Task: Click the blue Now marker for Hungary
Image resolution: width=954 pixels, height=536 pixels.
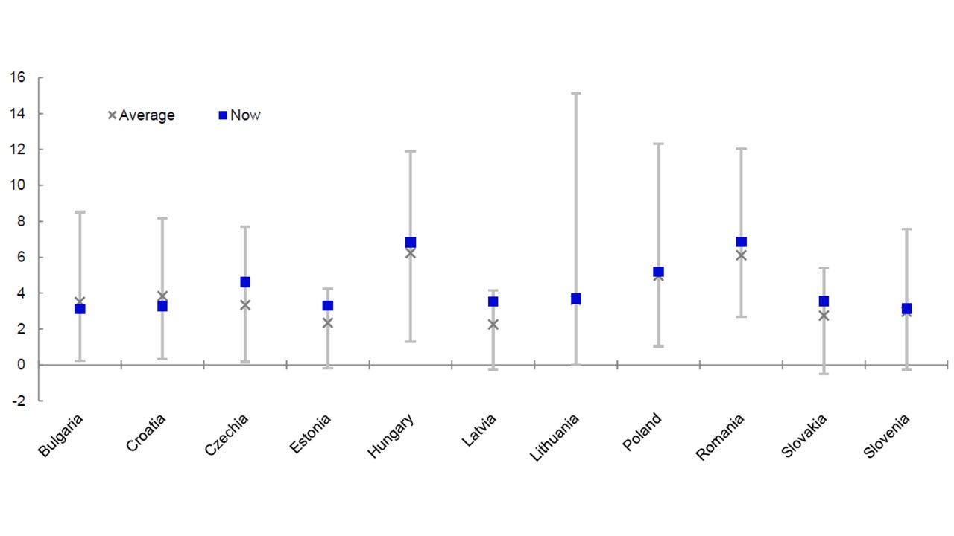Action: coord(411,243)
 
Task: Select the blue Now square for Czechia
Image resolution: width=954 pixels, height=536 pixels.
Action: coord(245,282)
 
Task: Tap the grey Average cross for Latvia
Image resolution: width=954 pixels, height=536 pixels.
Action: coord(493,325)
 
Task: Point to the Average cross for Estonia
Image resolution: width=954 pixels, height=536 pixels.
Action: coord(327,323)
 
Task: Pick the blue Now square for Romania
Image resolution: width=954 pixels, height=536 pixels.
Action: coord(741,242)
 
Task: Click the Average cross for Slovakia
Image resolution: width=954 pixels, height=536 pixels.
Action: coord(824,316)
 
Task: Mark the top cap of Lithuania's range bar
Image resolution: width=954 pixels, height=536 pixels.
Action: coord(575,93)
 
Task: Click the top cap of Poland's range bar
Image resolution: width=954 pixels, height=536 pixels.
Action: coord(658,144)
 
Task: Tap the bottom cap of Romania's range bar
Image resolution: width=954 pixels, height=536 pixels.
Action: coord(741,317)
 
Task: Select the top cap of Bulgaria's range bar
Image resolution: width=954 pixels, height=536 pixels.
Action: coord(80,212)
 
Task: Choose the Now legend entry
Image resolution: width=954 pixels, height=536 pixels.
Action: coord(239,115)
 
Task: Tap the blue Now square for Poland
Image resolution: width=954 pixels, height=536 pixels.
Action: coord(658,272)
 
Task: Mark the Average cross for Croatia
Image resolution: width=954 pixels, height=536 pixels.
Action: coord(162,296)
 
